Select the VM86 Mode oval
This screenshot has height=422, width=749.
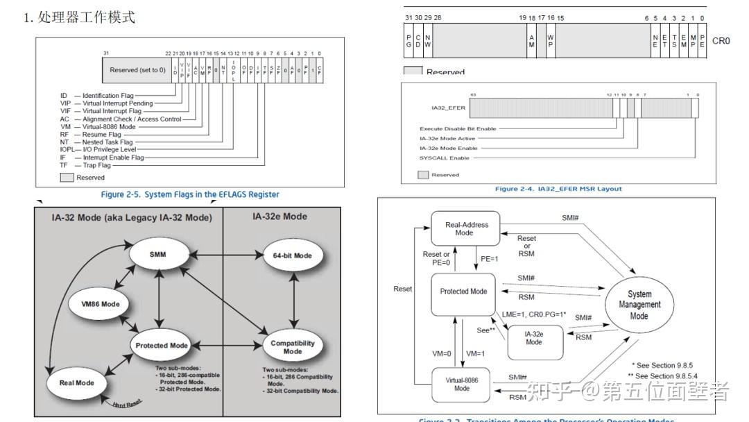(x=100, y=303)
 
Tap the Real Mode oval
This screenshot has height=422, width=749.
(x=76, y=382)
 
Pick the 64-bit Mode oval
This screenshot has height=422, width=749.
(x=292, y=255)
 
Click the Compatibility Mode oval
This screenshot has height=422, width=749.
(x=292, y=347)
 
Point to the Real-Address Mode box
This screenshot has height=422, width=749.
(x=465, y=229)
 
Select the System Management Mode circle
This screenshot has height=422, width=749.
(x=639, y=305)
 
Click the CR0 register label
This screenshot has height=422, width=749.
(x=721, y=41)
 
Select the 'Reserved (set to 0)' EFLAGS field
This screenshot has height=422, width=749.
(x=138, y=70)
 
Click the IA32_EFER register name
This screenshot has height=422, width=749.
(x=448, y=108)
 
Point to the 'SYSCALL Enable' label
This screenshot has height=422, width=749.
(x=445, y=158)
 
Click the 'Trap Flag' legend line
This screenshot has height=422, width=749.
(x=96, y=165)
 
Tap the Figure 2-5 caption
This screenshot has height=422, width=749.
(x=190, y=194)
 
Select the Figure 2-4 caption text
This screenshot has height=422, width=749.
(x=558, y=189)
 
